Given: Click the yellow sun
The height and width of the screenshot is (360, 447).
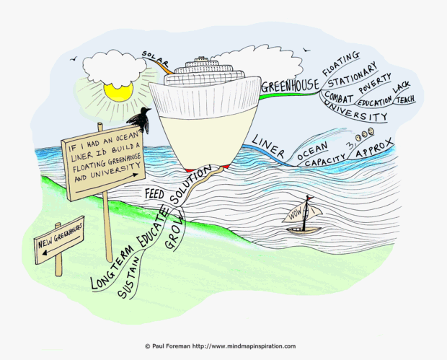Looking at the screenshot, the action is pos(118,92).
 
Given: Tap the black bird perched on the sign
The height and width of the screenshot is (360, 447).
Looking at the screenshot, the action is pos(140,119).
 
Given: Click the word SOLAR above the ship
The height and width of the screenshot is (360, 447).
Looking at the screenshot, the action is pos(155,58).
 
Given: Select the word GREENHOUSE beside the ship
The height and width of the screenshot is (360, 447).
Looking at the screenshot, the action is pos(290,85).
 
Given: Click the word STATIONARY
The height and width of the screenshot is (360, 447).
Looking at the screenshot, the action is pos(353,76).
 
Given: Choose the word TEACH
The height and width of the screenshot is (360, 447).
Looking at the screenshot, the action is pos(405,100).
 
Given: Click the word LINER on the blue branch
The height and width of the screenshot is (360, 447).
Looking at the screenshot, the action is pos(268,146).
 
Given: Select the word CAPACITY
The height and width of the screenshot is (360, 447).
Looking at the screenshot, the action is pos(325,160).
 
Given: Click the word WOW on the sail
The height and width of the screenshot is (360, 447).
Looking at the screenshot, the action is pos(295,214).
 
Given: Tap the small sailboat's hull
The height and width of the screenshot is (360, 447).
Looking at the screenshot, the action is pos(304,230).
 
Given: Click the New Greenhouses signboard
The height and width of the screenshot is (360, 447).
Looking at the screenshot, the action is pos(59,240).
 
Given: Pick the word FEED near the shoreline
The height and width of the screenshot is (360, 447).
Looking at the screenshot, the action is pos(154,194).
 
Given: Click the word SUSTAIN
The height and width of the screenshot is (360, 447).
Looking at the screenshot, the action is pos(128,278).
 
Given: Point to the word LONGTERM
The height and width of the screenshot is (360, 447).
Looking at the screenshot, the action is pos(112,267).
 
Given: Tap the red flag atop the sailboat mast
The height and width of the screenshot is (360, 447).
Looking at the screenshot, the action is pos(310,198).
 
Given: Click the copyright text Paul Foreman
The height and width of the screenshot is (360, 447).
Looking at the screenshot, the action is pos(171,346).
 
